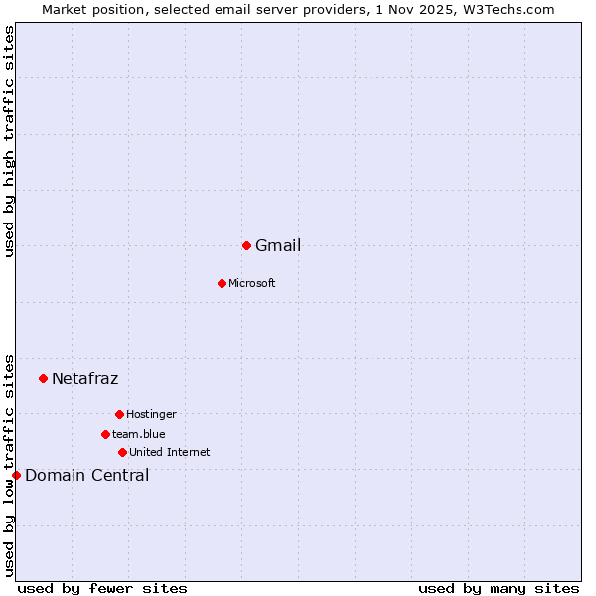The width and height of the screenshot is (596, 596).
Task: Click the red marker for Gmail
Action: [x=246, y=245]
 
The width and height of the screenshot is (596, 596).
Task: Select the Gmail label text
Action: [x=278, y=246]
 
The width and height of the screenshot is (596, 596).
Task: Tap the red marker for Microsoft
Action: [x=222, y=283]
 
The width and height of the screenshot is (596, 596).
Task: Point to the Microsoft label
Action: [x=252, y=284]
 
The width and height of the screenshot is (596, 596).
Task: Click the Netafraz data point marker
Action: [x=43, y=378]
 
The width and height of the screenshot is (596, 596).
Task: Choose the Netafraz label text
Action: [x=85, y=379]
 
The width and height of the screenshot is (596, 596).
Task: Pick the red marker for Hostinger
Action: [x=119, y=414]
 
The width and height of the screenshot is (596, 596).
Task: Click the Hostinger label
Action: [x=151, y=415]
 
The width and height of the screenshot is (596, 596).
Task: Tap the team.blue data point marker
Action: [x=105, y=434]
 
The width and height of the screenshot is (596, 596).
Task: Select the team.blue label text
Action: [x=139, y=435]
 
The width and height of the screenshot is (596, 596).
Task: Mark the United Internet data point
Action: [x=122, y=452]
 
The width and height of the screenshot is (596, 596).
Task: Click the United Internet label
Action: [x=170, y=453]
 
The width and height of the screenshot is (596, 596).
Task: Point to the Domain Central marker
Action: [x=16, y=475]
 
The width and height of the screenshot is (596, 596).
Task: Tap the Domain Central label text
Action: [x=87, y=476]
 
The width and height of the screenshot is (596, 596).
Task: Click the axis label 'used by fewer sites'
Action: [x=102, y=589]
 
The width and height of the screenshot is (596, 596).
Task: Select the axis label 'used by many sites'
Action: [x=499, y=589]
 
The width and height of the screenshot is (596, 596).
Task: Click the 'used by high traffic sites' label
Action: [x=10, y=141]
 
